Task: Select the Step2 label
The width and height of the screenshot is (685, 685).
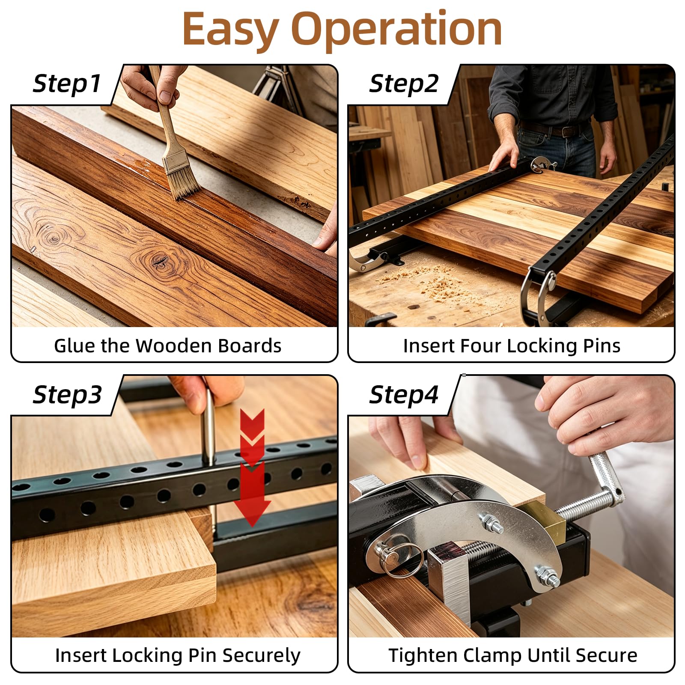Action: tap(404, 83)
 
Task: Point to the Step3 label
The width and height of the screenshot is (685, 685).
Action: tap(67, 395)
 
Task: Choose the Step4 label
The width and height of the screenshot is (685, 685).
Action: tap(404, 395)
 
